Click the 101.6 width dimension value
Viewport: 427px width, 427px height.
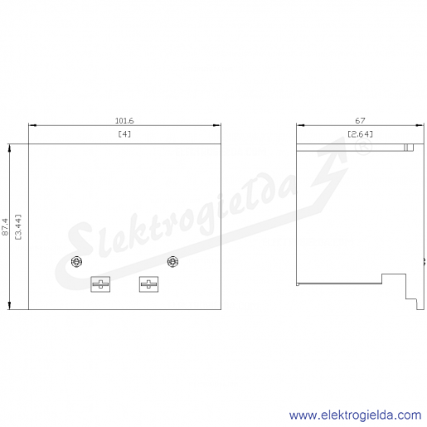124,121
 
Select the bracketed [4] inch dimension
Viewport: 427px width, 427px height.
124,134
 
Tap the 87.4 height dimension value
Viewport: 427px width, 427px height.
5,227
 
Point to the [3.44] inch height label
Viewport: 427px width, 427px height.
18,227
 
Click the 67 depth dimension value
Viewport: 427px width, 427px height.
360,121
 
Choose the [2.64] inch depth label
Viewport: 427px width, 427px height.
360,134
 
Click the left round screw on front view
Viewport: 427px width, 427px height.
76,262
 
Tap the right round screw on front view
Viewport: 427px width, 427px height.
172,262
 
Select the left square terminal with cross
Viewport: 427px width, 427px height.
100,284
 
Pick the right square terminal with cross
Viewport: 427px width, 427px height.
148,284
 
